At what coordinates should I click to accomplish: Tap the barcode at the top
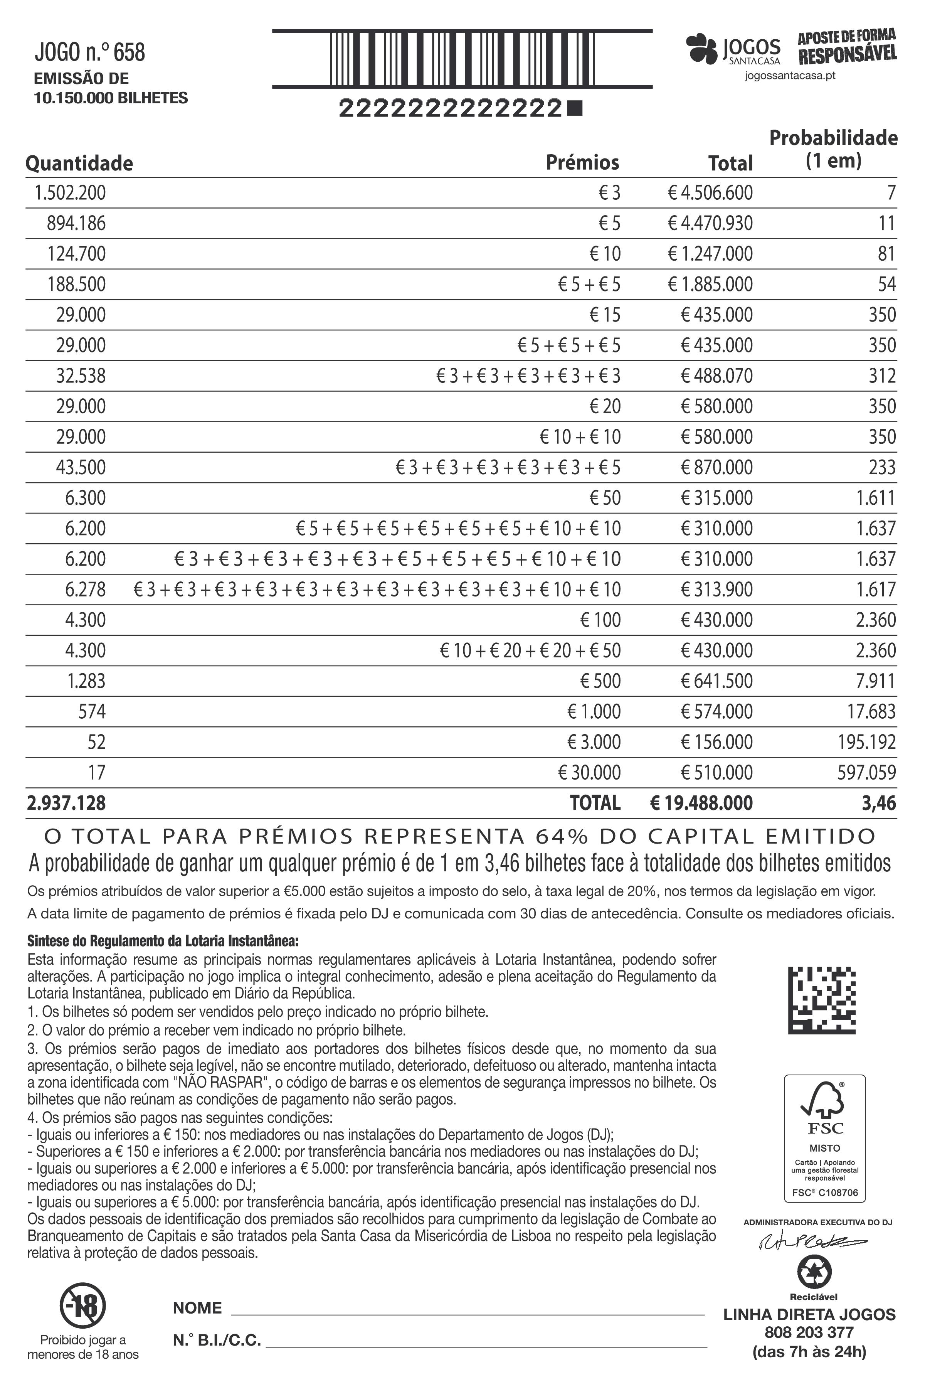[x=462, y=59]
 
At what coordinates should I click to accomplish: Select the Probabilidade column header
[x=833, y=149]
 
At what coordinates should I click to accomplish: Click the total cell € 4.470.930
[x=710, y=224]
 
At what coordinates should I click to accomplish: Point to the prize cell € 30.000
[x=589, y=773]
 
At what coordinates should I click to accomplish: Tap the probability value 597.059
[x=866, y=773]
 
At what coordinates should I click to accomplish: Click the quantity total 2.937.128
[x=66, y=803]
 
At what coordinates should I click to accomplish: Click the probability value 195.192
[x=866, y=742]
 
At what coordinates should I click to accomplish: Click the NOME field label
[x=197, y=1308]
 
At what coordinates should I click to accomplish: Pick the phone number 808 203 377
[x=809, y=1332]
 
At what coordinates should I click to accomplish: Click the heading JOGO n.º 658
[x=90, y=52]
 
